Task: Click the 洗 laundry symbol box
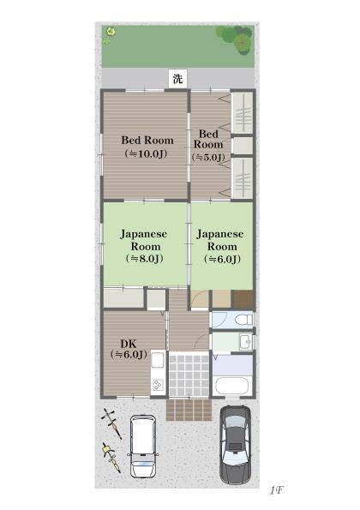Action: click(x=178, y=78)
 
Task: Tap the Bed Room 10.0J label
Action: click(x=147, y=147)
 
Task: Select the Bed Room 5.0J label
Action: click(x=208, y=146)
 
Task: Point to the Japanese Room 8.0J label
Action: click(x=144, y=246)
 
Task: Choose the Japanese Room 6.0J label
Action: click(x=221, y=246)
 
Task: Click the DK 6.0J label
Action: click(x=129, y=349)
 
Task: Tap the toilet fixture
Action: click(x=243, y=320)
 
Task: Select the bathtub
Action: click(x=231, y=386)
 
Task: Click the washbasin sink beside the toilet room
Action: click(x=245, y=342)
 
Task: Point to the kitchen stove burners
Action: click(x=158, y=385)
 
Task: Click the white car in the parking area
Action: click(x=143, y=447)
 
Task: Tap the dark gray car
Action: click(x=235, y=444)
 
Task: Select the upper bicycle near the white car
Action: click(x=112, y=423)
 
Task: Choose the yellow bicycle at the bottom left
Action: click(x=111, y=457)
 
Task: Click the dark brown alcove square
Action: click(x=242, y=298)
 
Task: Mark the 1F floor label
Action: click(x=277, y=490)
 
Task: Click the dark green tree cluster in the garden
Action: click(x=235, y=39)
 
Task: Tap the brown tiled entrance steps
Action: click(x=189, y=410)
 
